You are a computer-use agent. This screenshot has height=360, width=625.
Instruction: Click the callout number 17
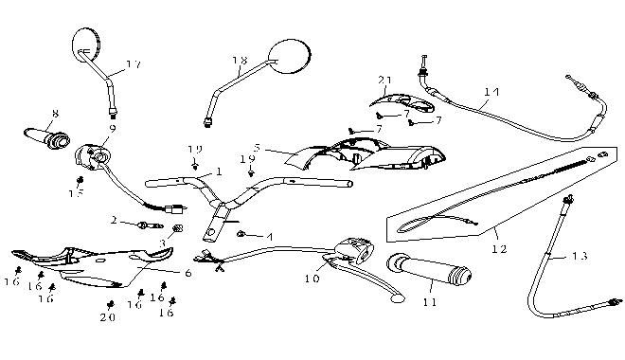pos(133,64)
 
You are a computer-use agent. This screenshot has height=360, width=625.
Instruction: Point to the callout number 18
pos(239,60)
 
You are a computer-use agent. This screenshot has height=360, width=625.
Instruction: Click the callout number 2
pos(114,221)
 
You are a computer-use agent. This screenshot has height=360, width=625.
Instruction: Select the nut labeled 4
pos(243,233)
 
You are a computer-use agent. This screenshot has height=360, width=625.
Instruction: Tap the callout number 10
pos(313,279)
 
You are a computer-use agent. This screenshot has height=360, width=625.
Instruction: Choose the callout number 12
pos(499,249)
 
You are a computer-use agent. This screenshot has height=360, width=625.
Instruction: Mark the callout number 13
pos(580,256)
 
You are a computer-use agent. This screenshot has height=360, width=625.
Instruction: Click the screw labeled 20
pos(110,303)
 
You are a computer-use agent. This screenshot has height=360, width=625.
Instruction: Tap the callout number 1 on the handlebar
pos(219,171)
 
